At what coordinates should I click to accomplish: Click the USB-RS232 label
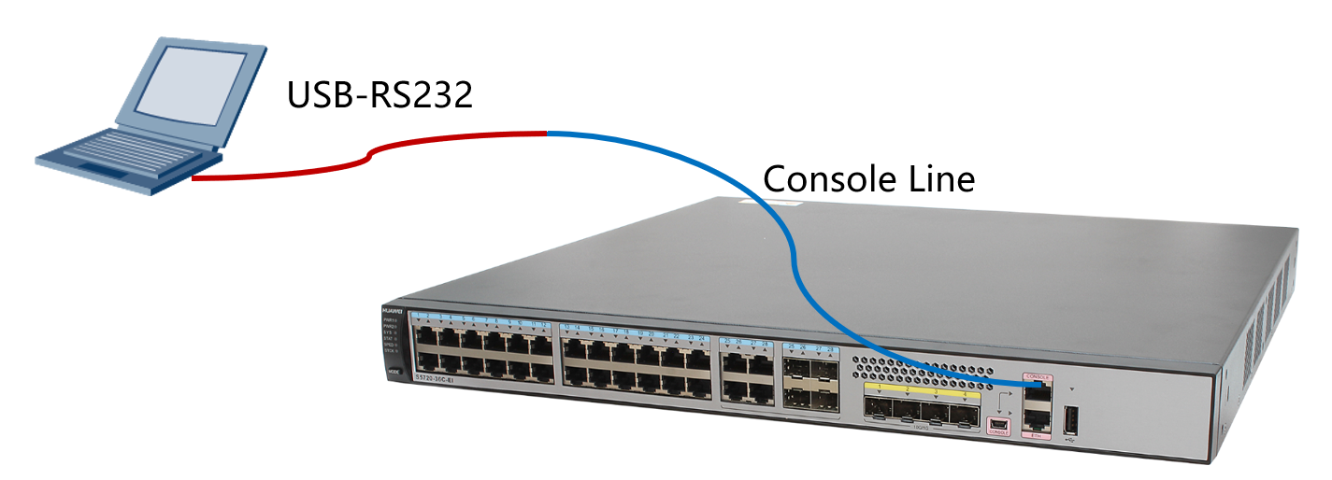(380, 94)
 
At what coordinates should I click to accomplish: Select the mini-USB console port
(997, 424)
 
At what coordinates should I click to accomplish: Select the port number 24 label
(700, 337)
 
